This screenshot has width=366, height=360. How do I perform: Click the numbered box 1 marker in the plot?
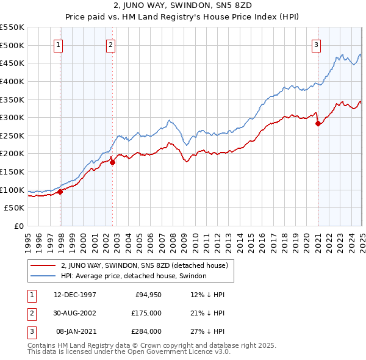59,44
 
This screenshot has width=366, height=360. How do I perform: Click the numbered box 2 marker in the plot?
110,44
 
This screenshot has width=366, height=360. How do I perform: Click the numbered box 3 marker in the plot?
317,44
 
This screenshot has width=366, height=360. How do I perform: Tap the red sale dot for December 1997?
60,192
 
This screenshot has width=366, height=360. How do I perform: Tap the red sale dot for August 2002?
113,162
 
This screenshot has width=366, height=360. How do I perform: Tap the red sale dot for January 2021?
318,123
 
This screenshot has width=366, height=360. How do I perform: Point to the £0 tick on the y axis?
20,226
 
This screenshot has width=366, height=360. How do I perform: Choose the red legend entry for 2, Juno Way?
144,265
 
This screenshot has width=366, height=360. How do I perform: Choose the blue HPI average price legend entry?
134,276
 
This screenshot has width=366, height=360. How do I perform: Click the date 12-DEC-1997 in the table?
75,295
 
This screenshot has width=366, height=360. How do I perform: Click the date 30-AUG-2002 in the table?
75,313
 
